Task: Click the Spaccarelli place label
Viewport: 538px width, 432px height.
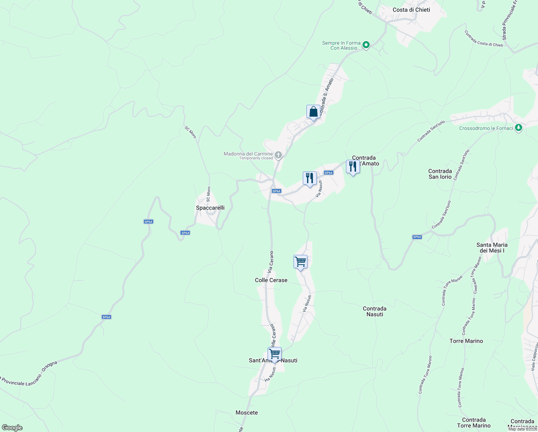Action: (x=210, y=208)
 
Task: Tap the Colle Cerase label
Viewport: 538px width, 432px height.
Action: (x=271, y=280)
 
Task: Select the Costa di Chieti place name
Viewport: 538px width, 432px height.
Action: (x=411, y=10)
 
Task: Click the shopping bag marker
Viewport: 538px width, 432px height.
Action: (x=313, y=112)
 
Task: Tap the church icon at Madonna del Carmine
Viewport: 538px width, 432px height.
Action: (x=278, y=155)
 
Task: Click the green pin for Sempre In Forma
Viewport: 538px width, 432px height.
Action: (x=366, y=45)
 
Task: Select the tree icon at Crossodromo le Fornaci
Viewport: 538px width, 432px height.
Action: (x=518, y=128)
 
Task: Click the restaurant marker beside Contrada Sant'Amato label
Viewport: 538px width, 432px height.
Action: (x=353, y=167)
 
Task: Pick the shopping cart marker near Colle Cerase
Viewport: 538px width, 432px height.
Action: (x=300, y=262)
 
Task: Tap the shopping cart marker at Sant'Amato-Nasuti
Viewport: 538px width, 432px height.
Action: (x=274, y=354)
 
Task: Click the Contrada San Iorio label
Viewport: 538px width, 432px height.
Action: (x=440, y=174)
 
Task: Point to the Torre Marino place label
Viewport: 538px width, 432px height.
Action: (x=466, y=341)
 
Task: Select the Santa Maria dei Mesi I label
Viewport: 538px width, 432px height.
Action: (x=492, y=248)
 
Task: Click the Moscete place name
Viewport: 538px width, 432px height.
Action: (x=247, y=413)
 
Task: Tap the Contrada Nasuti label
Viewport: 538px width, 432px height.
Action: (x=374, y=311)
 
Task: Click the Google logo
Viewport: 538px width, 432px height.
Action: (x=12, y=428)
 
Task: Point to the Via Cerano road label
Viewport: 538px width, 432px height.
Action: (x=271, y=261)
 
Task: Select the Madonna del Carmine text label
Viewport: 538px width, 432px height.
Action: (x=248, y=154)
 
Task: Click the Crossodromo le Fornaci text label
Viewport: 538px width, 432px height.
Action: (x=486, y=128)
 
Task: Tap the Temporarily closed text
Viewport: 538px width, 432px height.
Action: (x=256, y=158)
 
